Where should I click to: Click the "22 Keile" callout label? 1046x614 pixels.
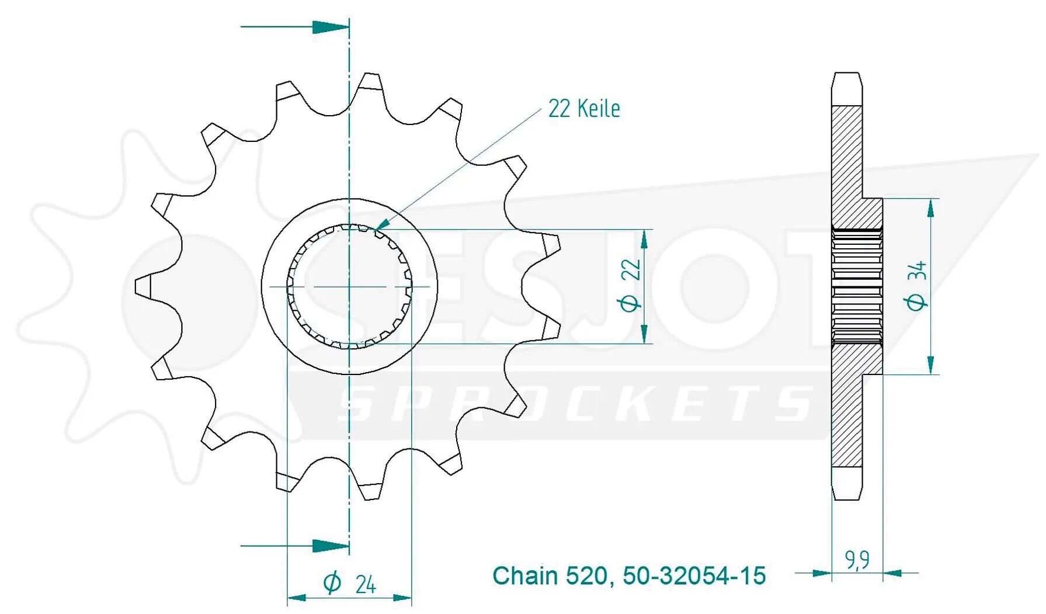click(583, 109)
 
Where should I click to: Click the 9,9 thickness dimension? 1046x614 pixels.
click(857, 560)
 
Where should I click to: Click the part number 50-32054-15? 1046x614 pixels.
click(694, 576)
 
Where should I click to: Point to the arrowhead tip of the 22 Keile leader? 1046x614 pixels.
click(376, 228)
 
